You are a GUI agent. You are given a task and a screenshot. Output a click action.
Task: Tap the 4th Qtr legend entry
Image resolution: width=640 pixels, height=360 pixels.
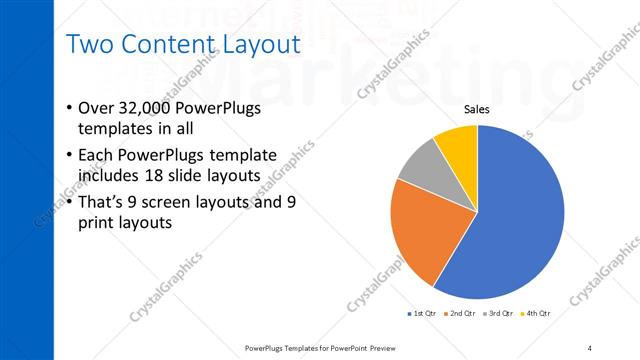click(x=537, y=313)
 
